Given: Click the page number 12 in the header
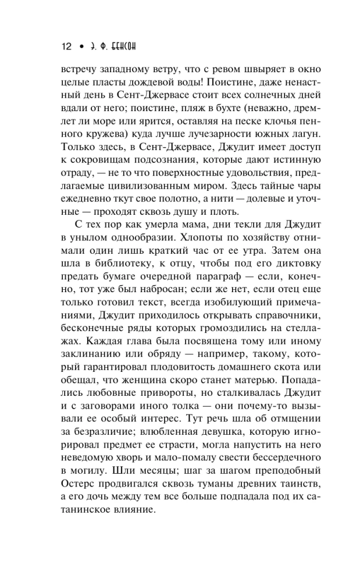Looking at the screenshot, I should pos(65,47).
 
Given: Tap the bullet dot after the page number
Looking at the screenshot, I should pos(83,47).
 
